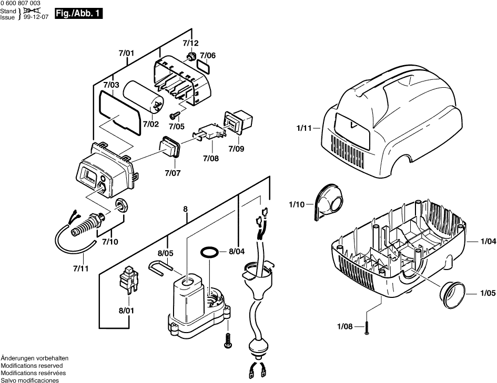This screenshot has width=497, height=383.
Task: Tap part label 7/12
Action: tap(191, 43)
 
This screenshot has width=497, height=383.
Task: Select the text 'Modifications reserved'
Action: tap(32, 365)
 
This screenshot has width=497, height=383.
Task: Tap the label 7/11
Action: tap(81, 268)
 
